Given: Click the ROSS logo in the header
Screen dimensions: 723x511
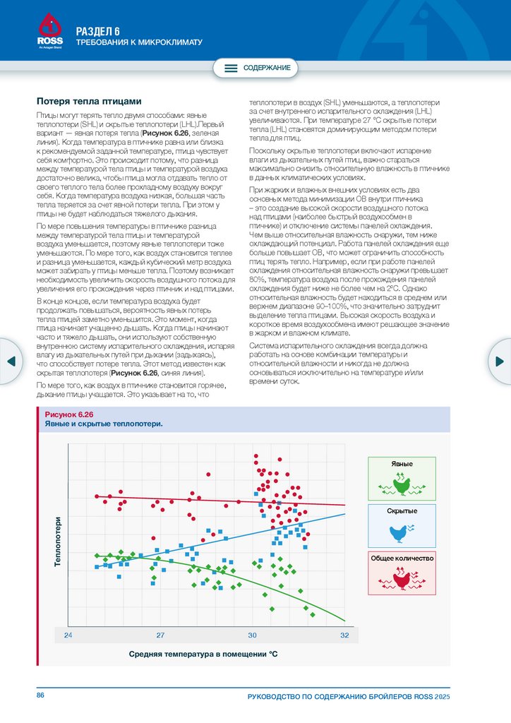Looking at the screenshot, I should [49, 31].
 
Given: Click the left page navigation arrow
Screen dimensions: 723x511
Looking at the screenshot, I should [11, 361].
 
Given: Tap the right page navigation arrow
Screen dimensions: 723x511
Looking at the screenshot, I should [500, 361].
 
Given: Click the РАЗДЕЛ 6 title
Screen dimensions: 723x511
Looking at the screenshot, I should [98, 30].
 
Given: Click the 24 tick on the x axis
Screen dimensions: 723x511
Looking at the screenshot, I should [68, 635].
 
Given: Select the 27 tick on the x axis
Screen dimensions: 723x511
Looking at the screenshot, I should [160, 635].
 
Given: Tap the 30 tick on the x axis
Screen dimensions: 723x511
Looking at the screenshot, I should [252, 635].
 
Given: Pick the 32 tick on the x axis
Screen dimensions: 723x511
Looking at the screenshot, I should [344, 635].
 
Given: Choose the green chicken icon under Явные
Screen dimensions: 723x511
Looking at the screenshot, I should [402, 485].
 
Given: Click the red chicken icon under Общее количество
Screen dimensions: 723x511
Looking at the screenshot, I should [402, 579].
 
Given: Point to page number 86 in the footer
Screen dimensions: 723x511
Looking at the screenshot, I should [41, 696].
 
